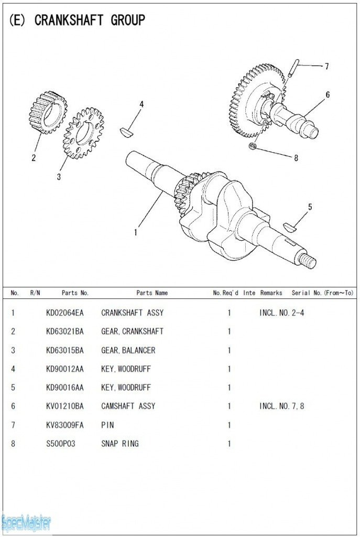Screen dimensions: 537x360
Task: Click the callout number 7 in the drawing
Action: tap(326, 67)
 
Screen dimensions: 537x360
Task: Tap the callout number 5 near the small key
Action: tap(310, 207)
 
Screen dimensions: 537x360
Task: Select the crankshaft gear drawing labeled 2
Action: tap(48, 113)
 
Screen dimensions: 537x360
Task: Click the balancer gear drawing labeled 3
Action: tap(83, 133)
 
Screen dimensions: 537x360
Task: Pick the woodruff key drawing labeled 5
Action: tap(290, 227)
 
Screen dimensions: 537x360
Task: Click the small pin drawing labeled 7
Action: tap(293, 68)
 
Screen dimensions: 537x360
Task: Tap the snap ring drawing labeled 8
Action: tap(253, 146)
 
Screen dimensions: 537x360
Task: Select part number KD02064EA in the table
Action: tap(64, 313)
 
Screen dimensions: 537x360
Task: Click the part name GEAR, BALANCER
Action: tap(128, 350)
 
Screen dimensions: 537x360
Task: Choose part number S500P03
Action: tap(60, 444)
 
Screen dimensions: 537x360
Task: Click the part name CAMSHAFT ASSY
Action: tap(128, 406)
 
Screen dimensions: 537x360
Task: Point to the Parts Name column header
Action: tap(152, 293)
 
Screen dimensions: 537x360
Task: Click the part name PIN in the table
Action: tap(107, 425)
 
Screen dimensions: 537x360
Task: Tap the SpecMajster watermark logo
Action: tap(26, 522)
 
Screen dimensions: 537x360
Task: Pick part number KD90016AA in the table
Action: tap(64, 388)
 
